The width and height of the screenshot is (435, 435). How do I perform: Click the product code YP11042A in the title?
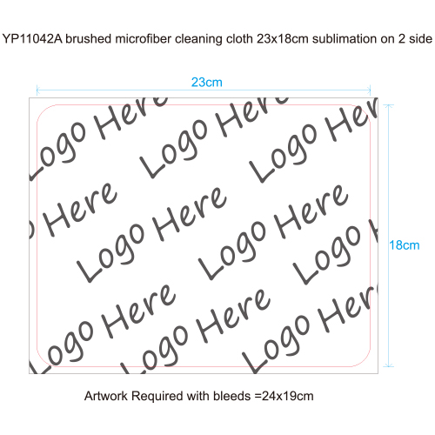32,39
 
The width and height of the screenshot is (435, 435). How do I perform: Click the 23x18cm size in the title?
283,39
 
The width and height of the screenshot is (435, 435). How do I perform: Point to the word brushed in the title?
89,39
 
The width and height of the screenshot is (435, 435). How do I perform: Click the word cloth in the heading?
239,39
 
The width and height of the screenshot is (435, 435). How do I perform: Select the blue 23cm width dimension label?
207,83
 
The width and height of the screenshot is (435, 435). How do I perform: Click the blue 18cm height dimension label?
405,245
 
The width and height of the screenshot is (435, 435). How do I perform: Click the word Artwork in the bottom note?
106,396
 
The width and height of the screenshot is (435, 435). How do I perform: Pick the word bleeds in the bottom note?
231,396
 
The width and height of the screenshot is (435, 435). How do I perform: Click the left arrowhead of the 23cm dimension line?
38,90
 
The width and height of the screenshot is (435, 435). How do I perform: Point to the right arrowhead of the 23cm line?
369,90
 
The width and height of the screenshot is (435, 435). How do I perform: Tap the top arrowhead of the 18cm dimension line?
389,106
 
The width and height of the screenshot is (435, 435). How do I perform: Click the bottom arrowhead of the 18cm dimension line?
389,365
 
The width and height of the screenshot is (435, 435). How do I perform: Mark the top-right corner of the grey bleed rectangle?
378,98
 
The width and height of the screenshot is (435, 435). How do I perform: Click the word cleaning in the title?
199,39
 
